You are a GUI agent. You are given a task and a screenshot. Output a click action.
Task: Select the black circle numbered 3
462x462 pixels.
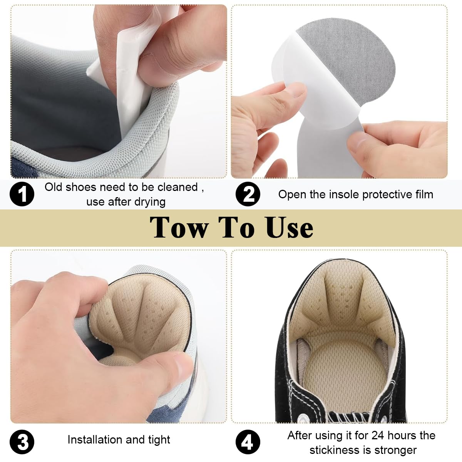click(22, 442)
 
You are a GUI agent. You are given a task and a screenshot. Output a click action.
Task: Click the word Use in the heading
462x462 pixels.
click(289, 228)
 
